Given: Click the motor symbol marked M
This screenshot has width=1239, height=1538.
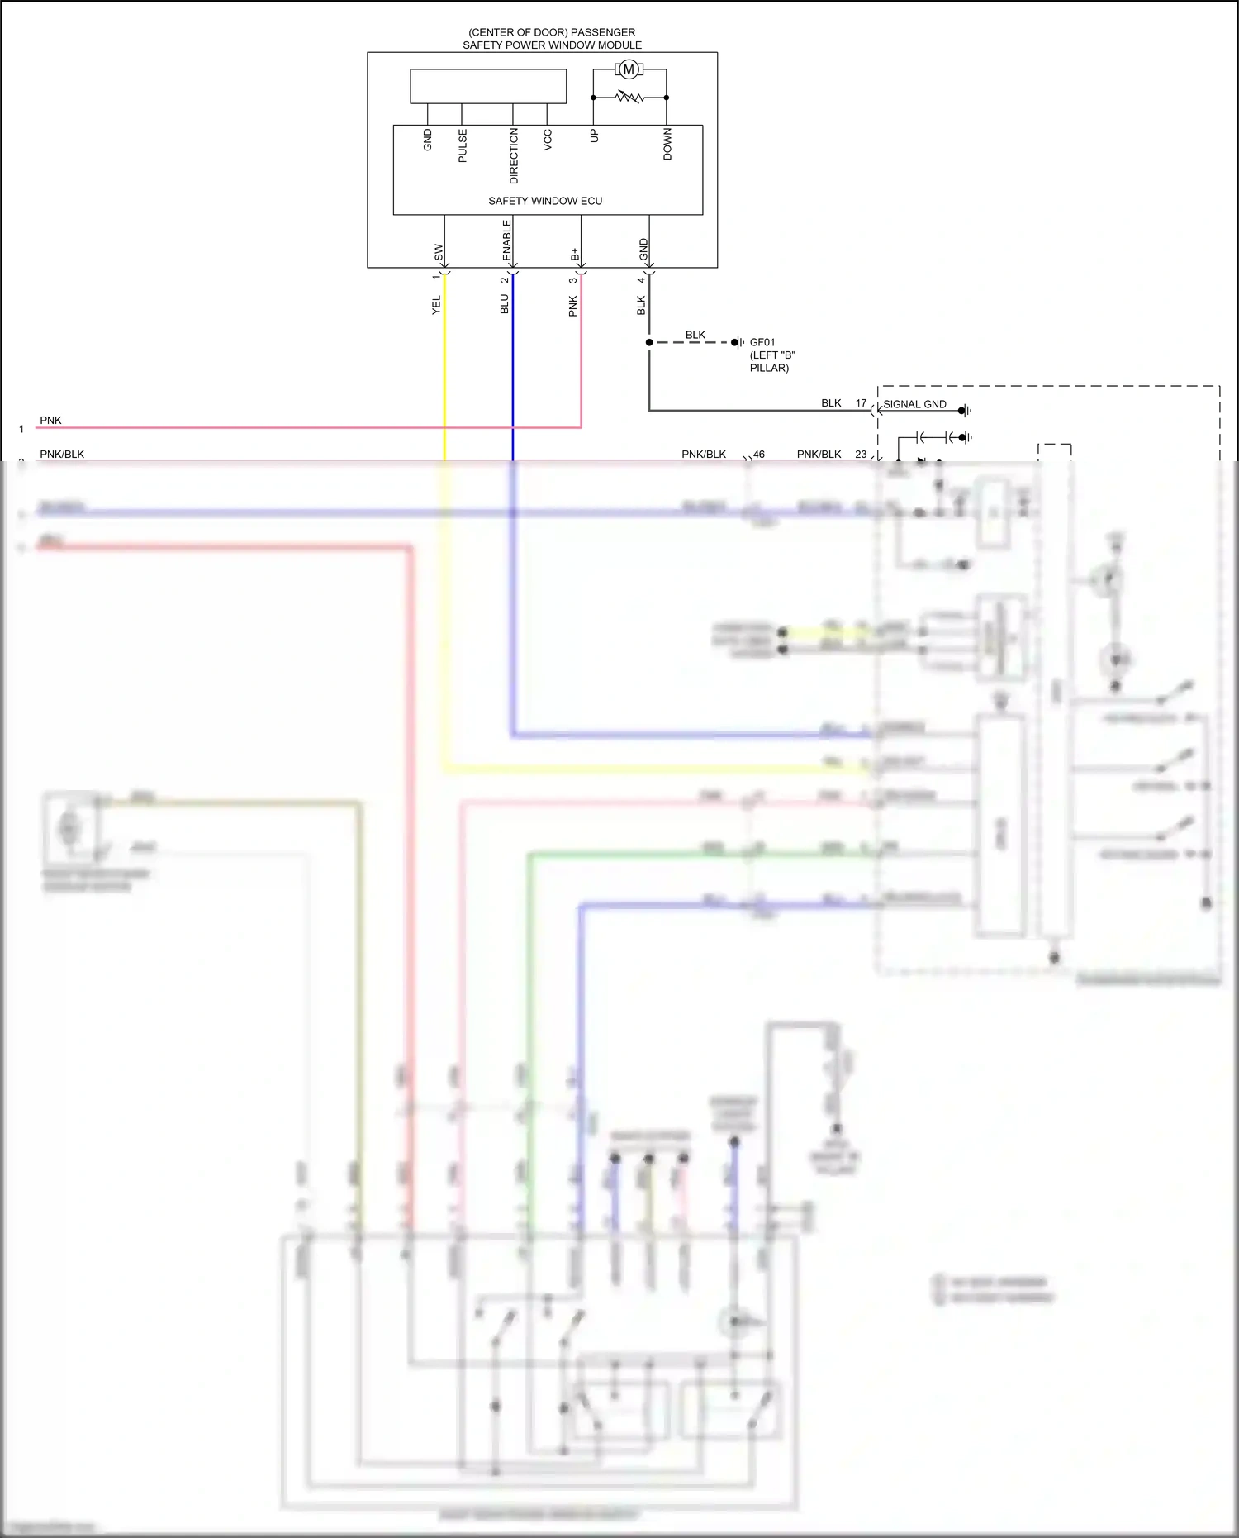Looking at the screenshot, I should click(629, 69).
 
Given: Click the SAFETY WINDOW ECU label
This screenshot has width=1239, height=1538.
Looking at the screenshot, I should click(545, 201).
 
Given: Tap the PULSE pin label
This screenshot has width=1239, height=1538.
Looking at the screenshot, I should click(463, 145).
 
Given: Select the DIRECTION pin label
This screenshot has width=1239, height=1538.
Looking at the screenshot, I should click(514, 155).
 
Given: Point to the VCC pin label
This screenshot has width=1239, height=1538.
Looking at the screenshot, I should click(548, 139).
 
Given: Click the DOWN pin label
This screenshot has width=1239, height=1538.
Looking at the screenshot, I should click(667, 144).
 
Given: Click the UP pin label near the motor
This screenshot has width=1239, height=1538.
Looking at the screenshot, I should click(594, 136).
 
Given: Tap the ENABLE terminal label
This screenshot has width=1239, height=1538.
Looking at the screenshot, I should click(507, 240).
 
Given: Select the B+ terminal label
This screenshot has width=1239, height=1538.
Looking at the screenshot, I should click(575, 254).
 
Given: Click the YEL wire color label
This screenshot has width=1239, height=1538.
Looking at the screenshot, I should click(437, 304).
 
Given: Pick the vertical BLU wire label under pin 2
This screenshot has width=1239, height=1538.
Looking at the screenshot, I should click(505, 304).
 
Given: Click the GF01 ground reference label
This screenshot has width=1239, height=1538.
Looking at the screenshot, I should click(762, 342).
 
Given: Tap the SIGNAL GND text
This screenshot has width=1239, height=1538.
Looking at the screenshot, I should click(914, 404).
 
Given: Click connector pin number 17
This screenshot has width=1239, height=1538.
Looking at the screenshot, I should click(861, 403).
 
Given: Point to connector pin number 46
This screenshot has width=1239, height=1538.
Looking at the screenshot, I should click(759, 454).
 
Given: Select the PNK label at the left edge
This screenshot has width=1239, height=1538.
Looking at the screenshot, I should click(50, 420).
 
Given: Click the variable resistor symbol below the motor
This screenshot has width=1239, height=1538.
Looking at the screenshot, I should click(629, 98).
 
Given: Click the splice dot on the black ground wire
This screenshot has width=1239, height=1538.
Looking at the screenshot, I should click(649, 342).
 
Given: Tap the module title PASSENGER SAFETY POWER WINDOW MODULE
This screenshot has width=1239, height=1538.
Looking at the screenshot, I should click(552, 39).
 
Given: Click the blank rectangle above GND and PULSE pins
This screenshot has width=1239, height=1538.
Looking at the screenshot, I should click(488, 86).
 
